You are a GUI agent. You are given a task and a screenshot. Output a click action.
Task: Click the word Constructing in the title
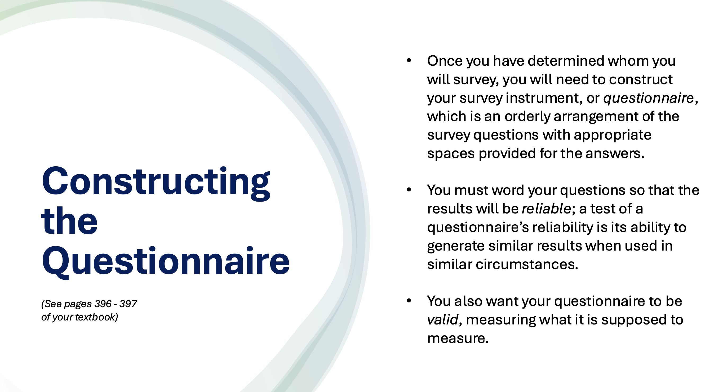[x=156, y=182]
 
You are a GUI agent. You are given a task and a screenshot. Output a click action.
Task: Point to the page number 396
[x=103, y=304]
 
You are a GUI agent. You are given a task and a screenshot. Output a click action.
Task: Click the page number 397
[x=128, y=304]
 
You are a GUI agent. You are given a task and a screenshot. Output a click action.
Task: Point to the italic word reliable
[x=546, y=209]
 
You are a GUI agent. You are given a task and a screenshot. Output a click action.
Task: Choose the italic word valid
[x=442, y=320]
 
